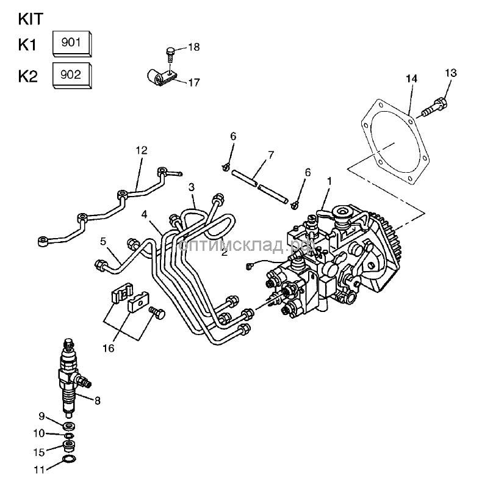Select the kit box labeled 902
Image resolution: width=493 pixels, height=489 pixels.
coord(72,76)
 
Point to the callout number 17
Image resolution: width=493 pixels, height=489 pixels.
coord(193,82)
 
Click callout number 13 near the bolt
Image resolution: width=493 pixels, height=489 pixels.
coord(450,73)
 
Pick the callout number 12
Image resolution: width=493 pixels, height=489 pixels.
coord(142,150)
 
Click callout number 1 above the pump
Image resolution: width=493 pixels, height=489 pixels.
coord(329,181)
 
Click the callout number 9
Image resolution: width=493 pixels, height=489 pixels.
coord(42,416)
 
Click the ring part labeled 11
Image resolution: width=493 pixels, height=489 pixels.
coord(70,459)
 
